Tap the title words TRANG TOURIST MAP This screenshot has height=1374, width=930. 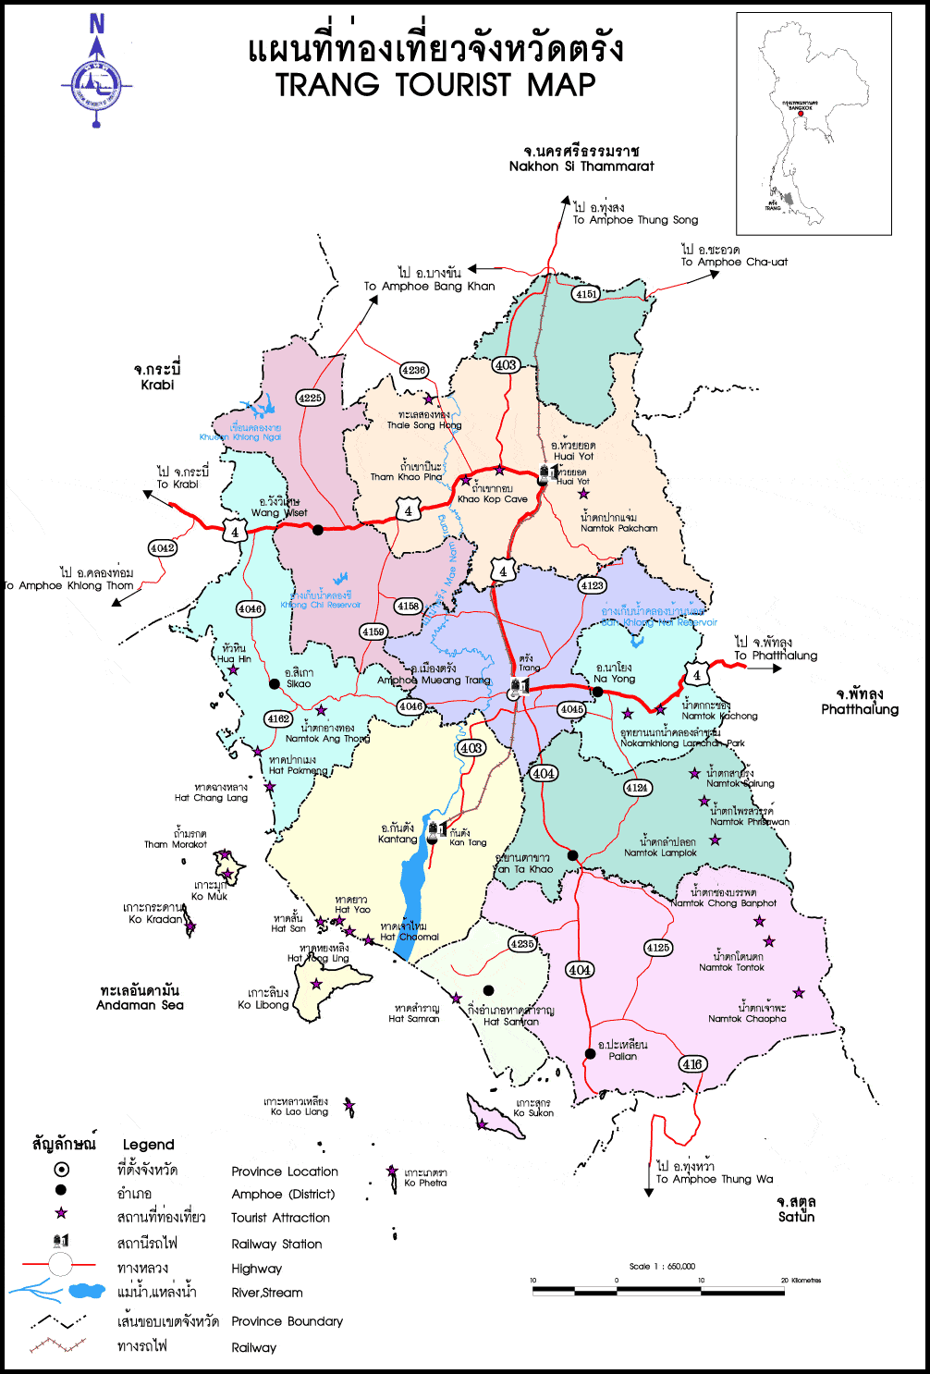[x=435, y=85]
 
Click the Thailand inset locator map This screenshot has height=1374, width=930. [x=814, y=123]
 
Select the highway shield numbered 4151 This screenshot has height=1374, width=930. [x=586, y=294]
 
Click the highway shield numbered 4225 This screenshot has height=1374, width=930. [x=310, y=399]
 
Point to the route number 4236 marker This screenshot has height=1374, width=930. [x=413, y=370]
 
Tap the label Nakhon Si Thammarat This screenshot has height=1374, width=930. [x=581, y=166]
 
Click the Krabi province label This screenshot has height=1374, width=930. [x=157, y=385]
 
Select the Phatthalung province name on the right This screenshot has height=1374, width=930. [x=859, y=709]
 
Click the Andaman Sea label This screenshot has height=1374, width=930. [x=140, y=1005]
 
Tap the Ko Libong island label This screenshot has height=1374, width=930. [x=263, y=1004]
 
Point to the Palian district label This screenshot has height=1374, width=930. [x=622, y=1055]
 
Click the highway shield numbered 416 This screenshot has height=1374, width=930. [x=692, y=1063]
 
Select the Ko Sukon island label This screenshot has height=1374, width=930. [x=533, y=1112]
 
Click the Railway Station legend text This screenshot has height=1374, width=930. [x=276, y=1244]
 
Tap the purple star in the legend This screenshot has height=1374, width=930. [x=61, y=1213]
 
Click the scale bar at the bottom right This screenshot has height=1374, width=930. [x=658, y=1289]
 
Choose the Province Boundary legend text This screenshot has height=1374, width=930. [x=287, y=1321]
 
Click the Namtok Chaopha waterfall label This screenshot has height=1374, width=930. [x=747, y=1018]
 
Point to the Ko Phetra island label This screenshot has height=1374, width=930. [x=425, y=1183]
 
